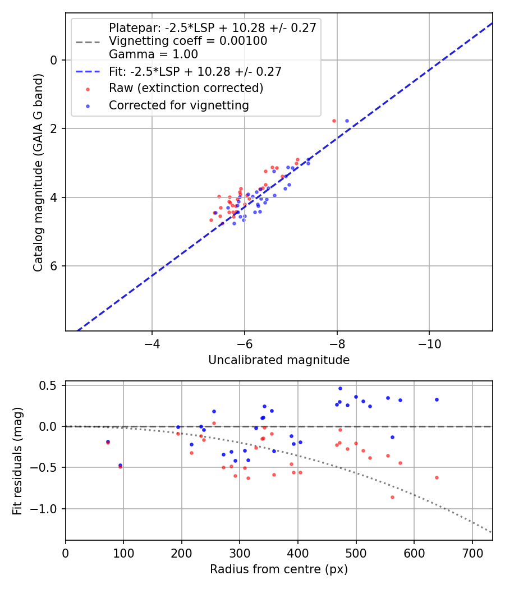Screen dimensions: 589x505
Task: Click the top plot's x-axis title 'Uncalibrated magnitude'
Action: click(x=279, y=360)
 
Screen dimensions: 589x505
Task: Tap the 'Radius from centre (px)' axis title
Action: click(x=279, y=569)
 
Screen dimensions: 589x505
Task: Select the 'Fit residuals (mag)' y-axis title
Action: click(x=18, y=461)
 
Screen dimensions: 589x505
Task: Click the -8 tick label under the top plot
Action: click(x=337, y=342)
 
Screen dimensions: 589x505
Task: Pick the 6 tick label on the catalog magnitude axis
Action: click(x=55, y=266)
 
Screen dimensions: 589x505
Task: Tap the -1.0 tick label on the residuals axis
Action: click(x=47, y=509)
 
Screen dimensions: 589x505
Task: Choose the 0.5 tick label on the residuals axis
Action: click(x=50, y=385)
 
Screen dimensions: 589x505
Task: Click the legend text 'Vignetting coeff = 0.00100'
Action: click(x=188, y=41)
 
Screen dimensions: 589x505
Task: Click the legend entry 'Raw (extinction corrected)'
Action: click(x=186, y=88)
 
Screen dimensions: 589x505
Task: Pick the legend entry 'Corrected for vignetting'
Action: click(x=179, y=105)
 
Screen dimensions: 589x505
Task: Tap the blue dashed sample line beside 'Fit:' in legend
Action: click(x=88, y=71)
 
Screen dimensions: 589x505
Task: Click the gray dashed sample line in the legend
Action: click(x=88, y=41)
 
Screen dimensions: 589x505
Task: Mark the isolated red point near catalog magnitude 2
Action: click(x=334, y=121)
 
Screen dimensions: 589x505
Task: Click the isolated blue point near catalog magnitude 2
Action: click(x=347, y=121)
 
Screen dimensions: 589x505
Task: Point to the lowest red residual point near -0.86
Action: click(x=392, y=497)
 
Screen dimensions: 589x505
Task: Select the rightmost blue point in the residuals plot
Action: click(x=437, y=399)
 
